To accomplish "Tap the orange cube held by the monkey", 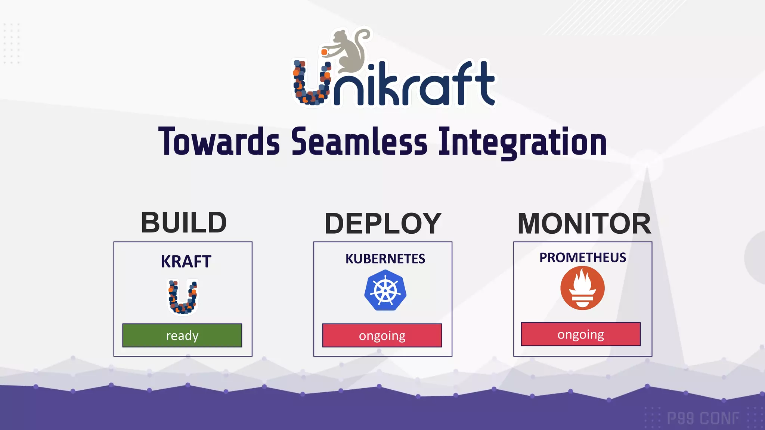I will click(325, 52).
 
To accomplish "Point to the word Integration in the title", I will click(522, 142).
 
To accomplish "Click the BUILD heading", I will click(183, 223).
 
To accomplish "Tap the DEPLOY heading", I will click(383, 224).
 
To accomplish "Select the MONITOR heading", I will click(584, 224).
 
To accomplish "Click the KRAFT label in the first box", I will click(186, 261).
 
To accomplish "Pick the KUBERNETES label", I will click(385, 259).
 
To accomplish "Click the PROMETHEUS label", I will click(583, 258).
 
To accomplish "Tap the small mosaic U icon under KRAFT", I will click(183, 297).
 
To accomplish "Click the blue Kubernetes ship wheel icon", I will click(385, 290).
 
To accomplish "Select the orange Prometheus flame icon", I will click(582, 288).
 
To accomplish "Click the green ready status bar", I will click(182, 335).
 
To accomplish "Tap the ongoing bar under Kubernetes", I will click(382, 335).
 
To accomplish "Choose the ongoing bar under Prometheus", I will click(580, 334).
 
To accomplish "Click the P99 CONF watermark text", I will click(703, 418).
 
